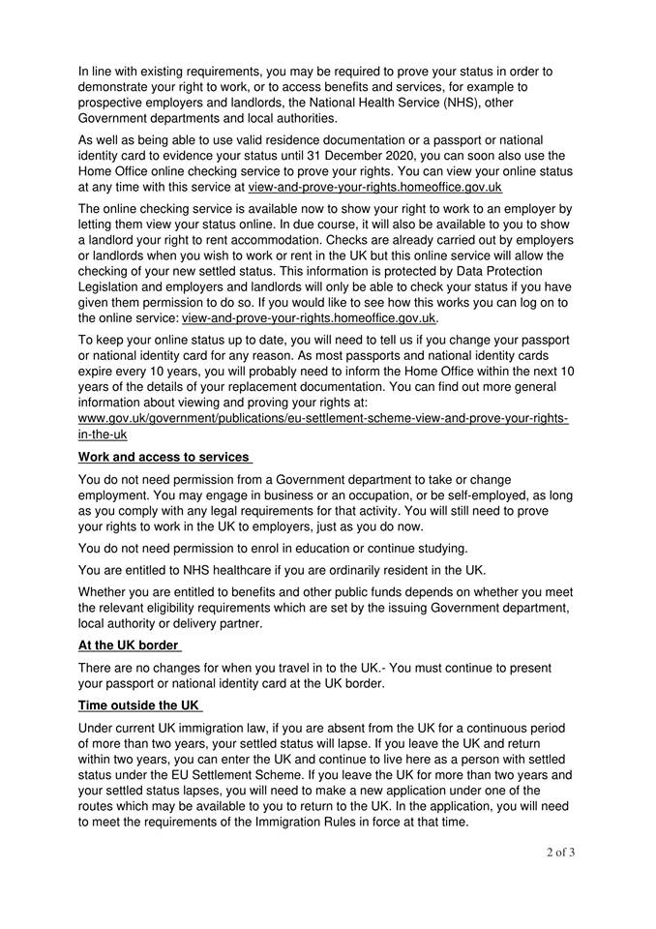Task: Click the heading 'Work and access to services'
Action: coord(164,457)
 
